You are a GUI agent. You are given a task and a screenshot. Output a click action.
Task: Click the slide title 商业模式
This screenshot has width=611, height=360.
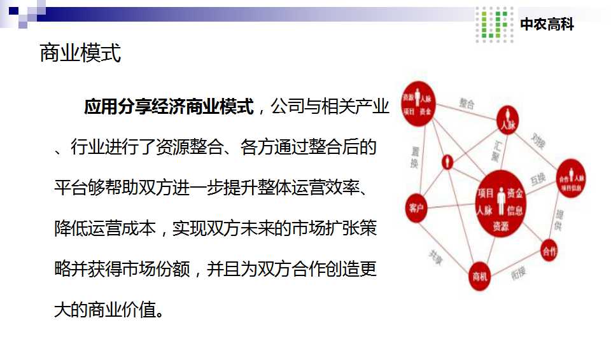[x=80, y=53]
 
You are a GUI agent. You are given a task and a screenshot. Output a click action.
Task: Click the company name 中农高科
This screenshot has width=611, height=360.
[x=547, y=25]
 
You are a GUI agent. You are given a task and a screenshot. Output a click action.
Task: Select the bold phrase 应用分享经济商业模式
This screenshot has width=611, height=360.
[x=169, y=107]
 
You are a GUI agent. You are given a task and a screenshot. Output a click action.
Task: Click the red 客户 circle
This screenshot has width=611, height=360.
[x=417, y=208]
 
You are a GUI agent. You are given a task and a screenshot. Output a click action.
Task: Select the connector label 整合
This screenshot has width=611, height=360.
[x=467, y=103]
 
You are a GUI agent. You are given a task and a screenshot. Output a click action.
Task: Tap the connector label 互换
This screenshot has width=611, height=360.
[x=538, y=179]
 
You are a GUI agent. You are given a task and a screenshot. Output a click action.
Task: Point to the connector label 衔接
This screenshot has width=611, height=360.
[x=519, y=273]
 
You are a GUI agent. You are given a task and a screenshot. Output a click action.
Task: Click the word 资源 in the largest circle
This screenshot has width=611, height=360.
[x=501, y=225]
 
